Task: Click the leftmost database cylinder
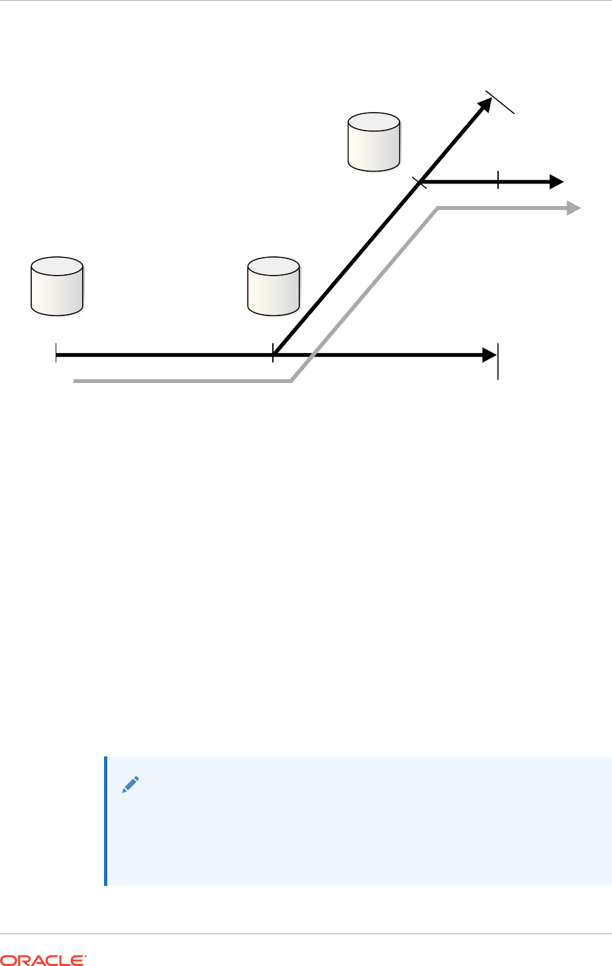(57, 286)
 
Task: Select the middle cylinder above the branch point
(273, 286)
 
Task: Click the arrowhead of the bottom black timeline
(489, 355)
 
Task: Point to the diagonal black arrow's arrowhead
(485, 104)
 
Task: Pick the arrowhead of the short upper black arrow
(556, 181)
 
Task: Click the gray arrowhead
(574, 208)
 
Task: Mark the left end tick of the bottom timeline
(56, 355)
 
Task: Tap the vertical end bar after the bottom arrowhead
(498, 362)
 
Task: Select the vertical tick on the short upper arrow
(498, 180)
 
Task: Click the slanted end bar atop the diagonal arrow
(501, 102)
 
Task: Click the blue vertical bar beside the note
(106, 821)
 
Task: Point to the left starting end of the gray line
(75, 382)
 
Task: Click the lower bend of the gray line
(292, 381)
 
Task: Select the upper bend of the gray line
(438, 209)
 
